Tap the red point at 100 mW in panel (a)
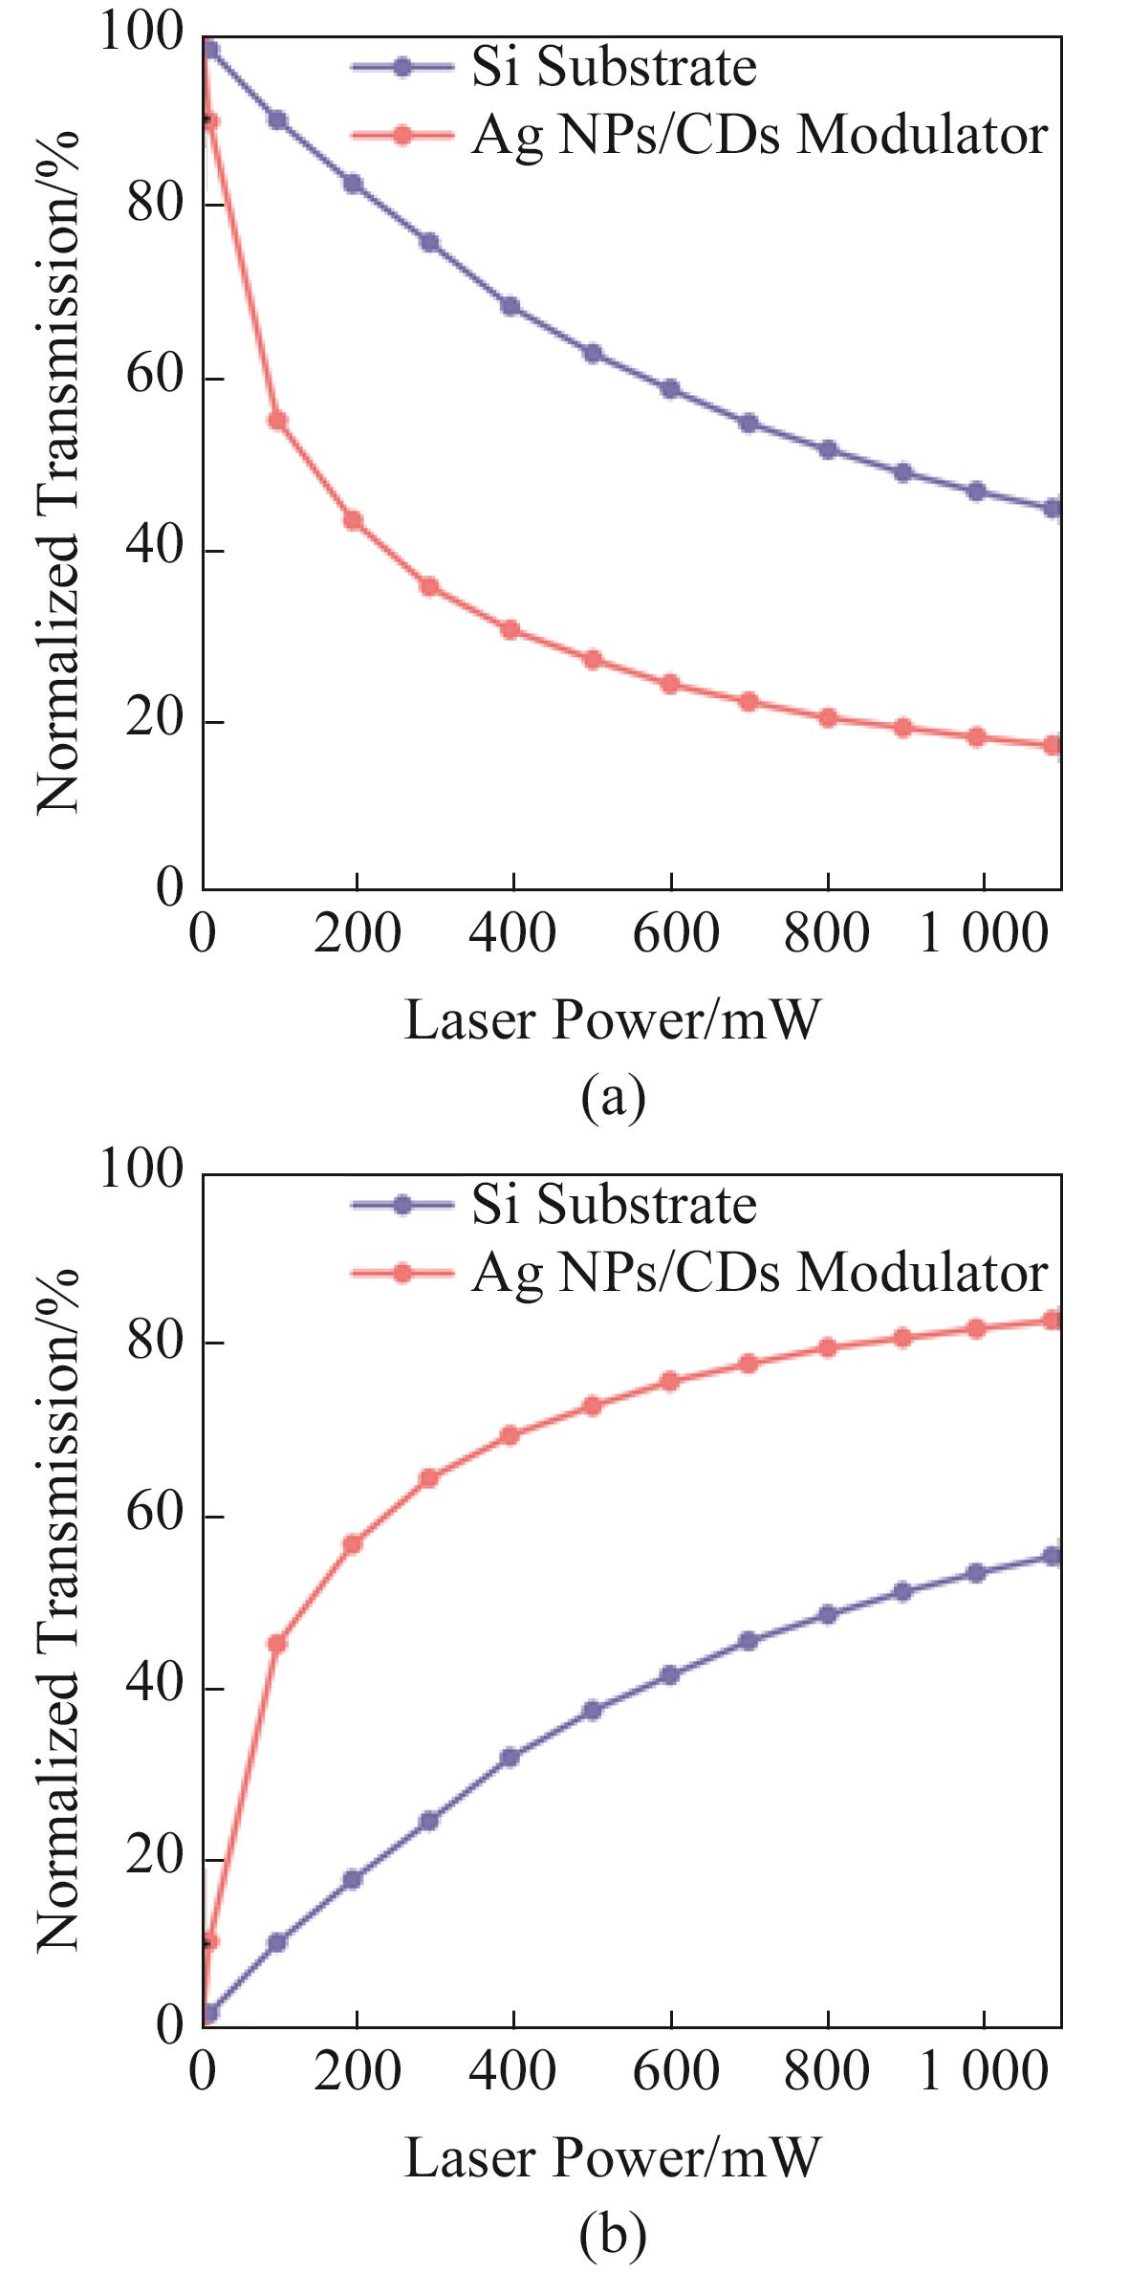click(277, 421)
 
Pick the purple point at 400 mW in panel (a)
click(510, 306)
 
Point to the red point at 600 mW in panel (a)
click(670, 684)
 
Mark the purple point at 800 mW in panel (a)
click(828, 449)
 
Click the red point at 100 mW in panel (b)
click(277, 1644)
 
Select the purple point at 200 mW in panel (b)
click(353, 1879)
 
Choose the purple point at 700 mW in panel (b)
click(749, 1641)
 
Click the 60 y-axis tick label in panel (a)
click(154, 377)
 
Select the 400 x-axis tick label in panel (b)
click(512, 2071)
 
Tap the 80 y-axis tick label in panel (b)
click(154, 1342)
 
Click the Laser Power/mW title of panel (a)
click(613, 1019)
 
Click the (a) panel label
click(613, 1097)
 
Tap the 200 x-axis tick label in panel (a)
click(357, 934)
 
